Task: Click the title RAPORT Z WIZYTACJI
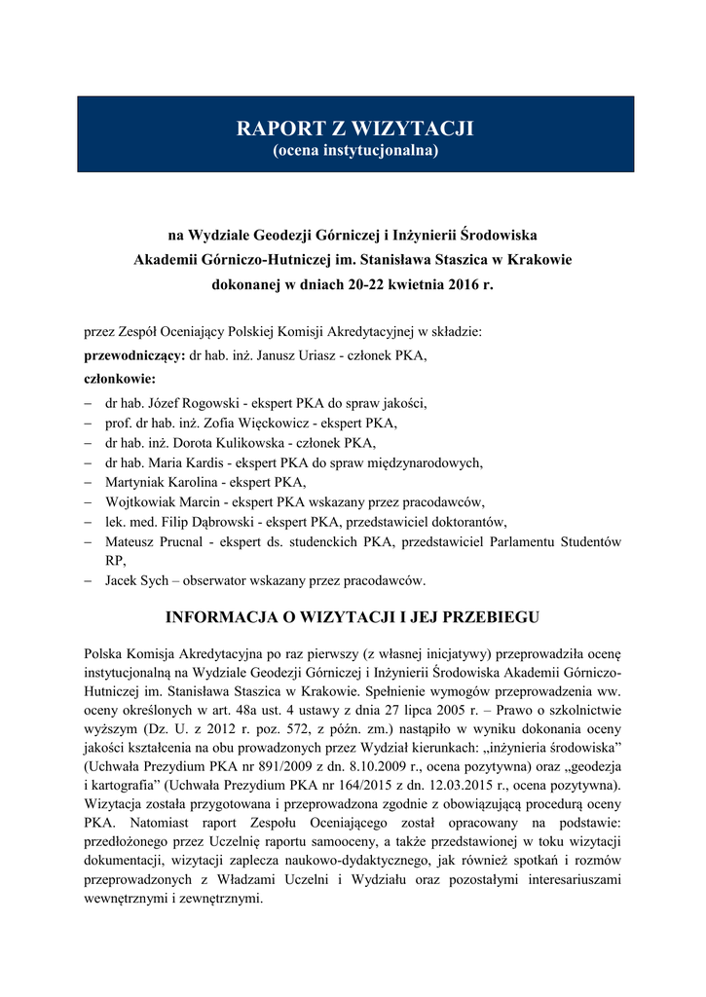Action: (355, 129)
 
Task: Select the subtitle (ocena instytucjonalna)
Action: (355, 151)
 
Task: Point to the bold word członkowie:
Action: (120, 378)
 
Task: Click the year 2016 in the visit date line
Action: (458, 287)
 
